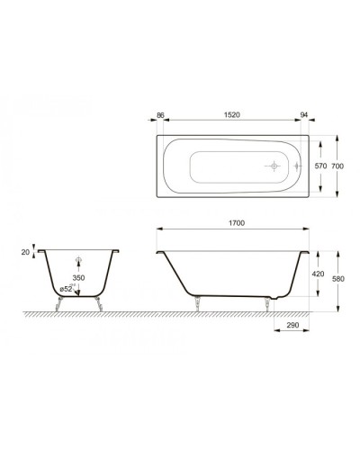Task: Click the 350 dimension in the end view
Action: (x=79, y=280)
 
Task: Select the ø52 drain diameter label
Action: (x=66, y=289)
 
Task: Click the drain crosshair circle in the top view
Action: (x=272, y=166)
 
